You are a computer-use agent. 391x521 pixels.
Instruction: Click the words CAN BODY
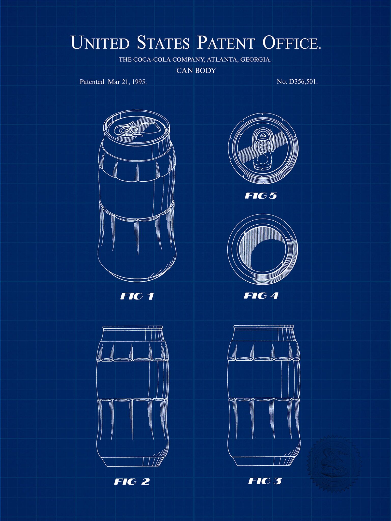(x=196, y=70)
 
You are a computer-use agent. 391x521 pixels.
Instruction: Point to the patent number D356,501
(x=303, y=82)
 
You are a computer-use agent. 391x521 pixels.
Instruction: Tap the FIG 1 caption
(x=137, y=296)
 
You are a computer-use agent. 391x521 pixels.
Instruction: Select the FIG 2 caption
(x=132, y=482)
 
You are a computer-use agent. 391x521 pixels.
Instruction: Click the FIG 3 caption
(x=265, y=481)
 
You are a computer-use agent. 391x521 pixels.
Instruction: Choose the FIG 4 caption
(x=261, y=296)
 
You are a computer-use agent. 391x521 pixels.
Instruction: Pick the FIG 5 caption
(x=261, y=196)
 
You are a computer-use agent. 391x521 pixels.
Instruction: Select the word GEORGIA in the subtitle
(x=256, y=60)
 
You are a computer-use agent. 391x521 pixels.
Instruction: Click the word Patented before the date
(x=92, y=82)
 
